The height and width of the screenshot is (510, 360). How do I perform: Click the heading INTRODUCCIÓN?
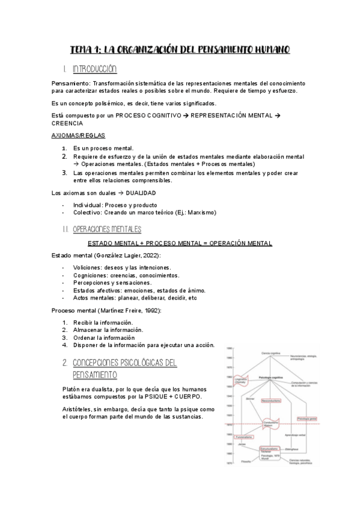pos(94,69)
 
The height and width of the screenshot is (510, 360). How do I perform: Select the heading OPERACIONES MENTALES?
pos(106,229)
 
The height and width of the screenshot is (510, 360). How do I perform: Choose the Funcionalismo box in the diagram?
pos(242,437)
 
